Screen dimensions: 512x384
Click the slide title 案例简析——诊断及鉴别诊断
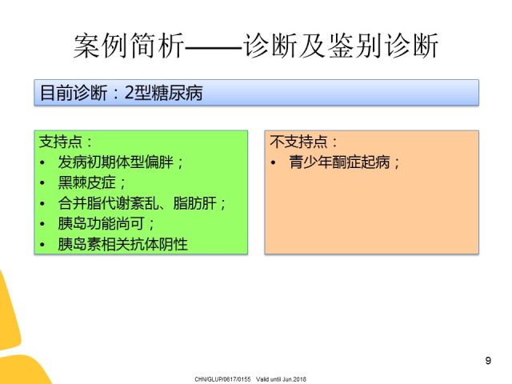[256, 46]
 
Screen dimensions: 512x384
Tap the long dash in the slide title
[214, 49]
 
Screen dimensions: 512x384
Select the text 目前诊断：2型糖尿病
[121, 93]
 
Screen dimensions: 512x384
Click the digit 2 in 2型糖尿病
[130, 93]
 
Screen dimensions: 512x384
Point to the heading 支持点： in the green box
[66, 142]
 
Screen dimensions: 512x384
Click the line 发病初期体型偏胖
[120, 162]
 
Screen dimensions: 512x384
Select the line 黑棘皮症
[91, 182]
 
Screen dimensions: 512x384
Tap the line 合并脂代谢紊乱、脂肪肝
[142, 203]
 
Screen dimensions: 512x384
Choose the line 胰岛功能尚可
[106, 224]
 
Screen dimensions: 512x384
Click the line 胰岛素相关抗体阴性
[122, 244]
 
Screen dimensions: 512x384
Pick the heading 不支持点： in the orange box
[303, 142]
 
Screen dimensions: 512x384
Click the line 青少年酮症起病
[344, 162]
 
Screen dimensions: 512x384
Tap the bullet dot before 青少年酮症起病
[273, 162]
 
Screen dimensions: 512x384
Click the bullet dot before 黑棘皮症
[42, 183]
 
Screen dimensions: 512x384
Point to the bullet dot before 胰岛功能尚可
[42, 224]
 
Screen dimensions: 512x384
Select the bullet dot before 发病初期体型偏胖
[42, 162]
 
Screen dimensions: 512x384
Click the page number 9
[488, 361]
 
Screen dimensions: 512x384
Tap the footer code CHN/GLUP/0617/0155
[222, 379]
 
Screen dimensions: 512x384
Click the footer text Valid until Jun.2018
[281, 379]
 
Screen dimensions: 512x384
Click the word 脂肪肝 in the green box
[194, 203]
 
